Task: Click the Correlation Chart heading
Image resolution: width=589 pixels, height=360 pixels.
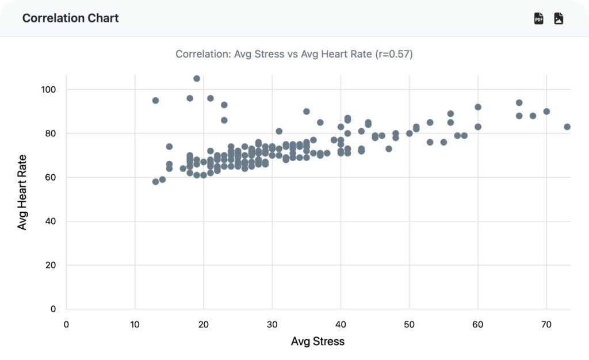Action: tap(70, 18)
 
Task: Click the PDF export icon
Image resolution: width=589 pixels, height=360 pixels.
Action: tap(539, 18)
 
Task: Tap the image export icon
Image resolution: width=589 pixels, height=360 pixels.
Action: tap(559, 18)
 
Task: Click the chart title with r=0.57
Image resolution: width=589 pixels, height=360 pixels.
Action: tap(294, 54)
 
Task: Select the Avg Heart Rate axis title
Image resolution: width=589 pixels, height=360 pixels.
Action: tap(22, 192)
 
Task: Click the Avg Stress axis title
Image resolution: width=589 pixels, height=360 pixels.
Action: tap(318, 342)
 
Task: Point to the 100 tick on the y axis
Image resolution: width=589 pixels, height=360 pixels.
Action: tap(48, 90)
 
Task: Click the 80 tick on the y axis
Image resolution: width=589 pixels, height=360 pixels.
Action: tap(51, 133)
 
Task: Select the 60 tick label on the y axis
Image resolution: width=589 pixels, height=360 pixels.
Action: tap(51, 177)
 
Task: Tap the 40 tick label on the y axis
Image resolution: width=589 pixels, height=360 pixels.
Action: tap(51, 221)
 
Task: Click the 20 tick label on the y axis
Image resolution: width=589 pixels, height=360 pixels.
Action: tap(51, 265)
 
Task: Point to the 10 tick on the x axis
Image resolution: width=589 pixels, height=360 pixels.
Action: tap(135, 324)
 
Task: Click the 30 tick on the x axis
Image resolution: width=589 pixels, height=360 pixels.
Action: tap(272, 324)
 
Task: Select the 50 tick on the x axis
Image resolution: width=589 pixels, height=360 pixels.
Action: tap(409, 324)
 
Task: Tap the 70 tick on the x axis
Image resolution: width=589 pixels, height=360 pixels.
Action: tap(546, 324)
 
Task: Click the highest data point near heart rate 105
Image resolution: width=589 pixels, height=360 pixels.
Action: tap(197, 79)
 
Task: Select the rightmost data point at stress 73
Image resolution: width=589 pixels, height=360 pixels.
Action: tap(567, 127)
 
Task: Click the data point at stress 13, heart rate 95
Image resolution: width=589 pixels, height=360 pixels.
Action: tap(155, 101)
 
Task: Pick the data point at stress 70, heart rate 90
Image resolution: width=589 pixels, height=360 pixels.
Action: tap(546, 112)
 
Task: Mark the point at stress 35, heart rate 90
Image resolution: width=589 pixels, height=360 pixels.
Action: tap(307, 112)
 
